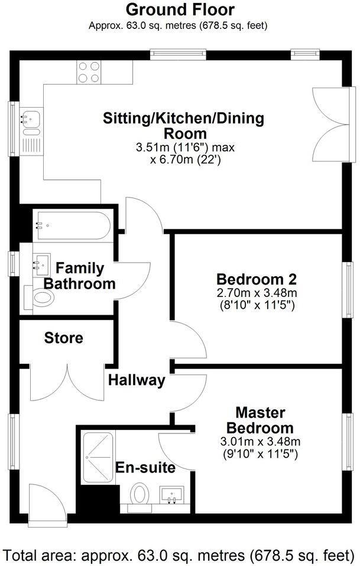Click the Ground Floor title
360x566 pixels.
pyautogui.click(x=180, y=9)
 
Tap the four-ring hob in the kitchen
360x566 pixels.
pyautogui.click(x=88, y=72)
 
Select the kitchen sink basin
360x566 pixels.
pyautogui.click(x=30, y=119)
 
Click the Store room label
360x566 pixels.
pyautogui.click(x=64, y=338)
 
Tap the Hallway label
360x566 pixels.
pyautogui.click(x=137, y=380)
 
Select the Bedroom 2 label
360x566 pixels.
pyautogui.click(x=256, y=279)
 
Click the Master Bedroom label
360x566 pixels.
pyautogui.click(x=260, y=420)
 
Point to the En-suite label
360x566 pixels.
pyautogui.click(x=145, y=468)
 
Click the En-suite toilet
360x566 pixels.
pyautogui.click(x=140, y=496)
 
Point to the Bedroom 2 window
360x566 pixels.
pyautogui.click(x=350, y=290)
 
